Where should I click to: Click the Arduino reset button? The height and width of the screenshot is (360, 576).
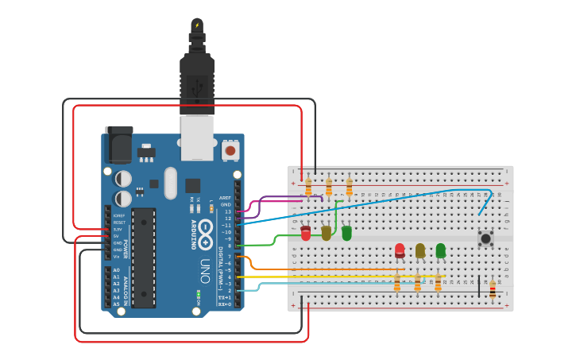click(230, 149)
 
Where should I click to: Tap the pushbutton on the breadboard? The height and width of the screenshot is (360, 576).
click(485, 238)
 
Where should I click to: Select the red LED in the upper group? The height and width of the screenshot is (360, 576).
click(306, 233)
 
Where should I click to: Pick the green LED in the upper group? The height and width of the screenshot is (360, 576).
click(346, 233)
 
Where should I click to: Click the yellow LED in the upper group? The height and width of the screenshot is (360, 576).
click(327, 233)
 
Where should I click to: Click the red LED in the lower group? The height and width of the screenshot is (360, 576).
click(400, 250)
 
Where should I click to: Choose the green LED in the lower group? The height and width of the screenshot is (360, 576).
click(440, 250)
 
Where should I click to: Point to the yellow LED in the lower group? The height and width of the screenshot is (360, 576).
click(420, 250)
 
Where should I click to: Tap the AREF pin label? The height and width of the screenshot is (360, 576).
click(226, 198)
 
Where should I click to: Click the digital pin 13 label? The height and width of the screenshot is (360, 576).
click(227, 211)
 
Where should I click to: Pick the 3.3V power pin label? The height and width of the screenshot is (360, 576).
click(118, 229)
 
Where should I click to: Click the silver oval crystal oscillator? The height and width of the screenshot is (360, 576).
click(170, 183)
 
